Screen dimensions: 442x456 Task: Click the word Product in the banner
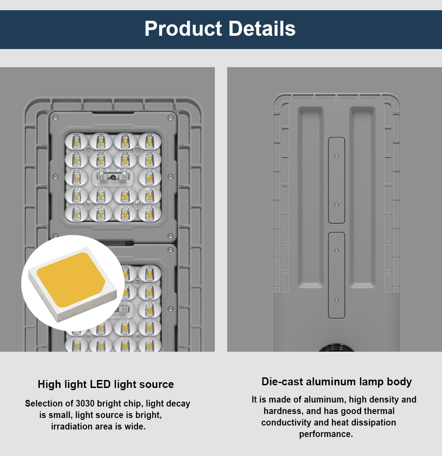tap(183, 29)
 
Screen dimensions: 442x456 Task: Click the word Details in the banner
tap(262, 28)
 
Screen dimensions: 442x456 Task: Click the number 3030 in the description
tap(85, 403)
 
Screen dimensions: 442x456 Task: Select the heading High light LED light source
tap(106, 384)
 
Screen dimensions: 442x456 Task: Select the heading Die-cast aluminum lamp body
tap(337, 382)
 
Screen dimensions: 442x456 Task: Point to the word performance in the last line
tap(326, 434)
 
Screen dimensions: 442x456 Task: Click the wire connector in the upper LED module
tap(114, 177)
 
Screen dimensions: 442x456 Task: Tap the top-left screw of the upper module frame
tap(55, 118)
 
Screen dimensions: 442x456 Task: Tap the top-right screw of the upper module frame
tap(171, 118)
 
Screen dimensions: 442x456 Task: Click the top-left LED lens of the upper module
tap(76, 142)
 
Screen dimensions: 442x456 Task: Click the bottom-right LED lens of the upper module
tap(149, 213)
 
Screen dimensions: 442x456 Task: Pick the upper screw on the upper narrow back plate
tap(337, 156)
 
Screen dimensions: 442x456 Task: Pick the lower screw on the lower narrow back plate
tap(337, 300)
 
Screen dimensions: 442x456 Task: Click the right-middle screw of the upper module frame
tap(171, 177)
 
